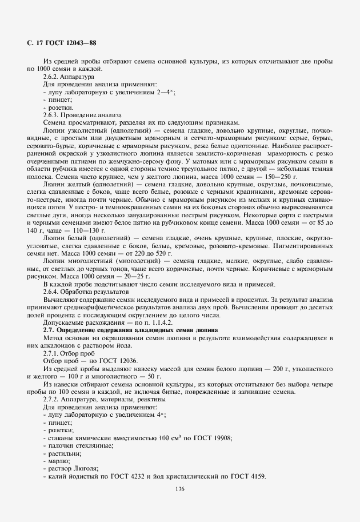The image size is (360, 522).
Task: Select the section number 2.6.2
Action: coord(53,76)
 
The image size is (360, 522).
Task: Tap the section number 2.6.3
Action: coord(53,114)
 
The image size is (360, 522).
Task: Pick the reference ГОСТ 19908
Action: coord(214,439)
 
